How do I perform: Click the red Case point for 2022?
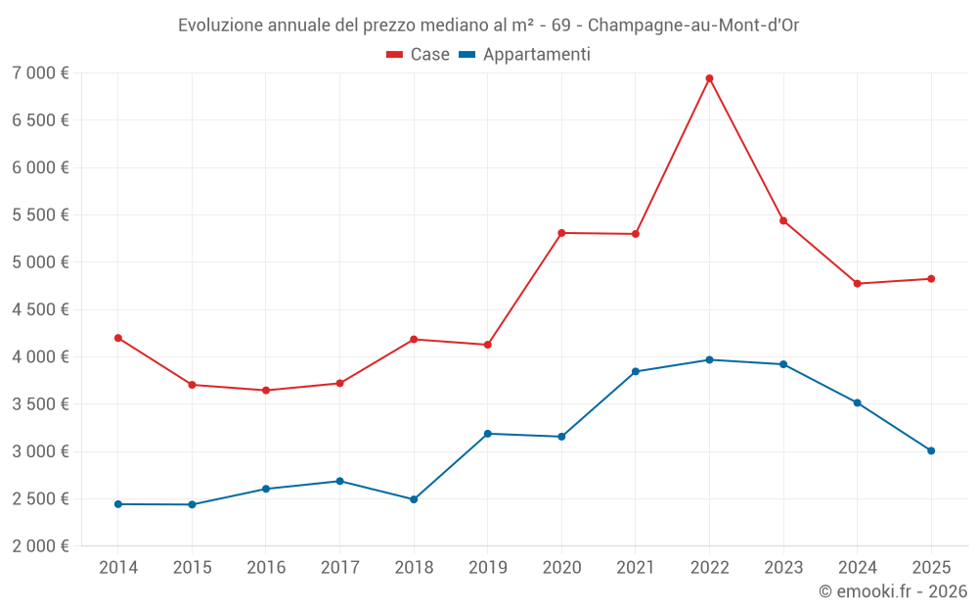pos(709,78)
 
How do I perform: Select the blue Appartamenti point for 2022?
pos(709,359)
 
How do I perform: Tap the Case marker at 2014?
pos(118,338)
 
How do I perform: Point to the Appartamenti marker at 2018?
pos(414,499)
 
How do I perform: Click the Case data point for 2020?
pos(561,233)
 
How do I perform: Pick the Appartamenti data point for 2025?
pos(931,450)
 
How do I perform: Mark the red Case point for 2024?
pos(858,284)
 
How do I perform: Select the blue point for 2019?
pos(487,434)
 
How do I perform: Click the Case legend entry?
pos(419,55)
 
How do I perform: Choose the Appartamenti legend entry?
pos(525,55)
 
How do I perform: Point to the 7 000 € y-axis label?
pos(40,73)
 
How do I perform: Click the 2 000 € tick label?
pos(40,546)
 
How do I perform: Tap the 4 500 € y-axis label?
pos(40,309)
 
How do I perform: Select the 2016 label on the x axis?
pos(266,568)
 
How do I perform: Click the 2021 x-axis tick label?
pos(636,568)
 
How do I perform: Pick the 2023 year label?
pos(783,568)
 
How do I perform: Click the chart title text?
pos(488,25)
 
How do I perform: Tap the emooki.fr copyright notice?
pos(892,591)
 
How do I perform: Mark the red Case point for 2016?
pos(266,391)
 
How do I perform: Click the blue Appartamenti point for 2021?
pos(636,371)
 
